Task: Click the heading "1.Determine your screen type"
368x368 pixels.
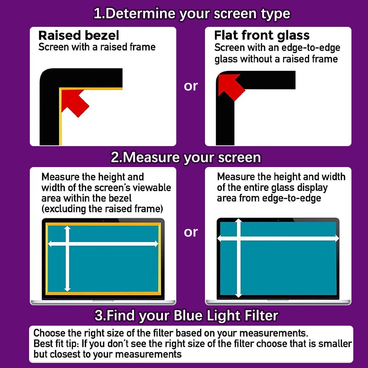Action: point(192,14)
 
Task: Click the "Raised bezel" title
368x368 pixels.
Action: point(79,35)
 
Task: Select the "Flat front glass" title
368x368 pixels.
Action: point(262,36)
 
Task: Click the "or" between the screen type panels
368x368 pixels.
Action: point(191,86)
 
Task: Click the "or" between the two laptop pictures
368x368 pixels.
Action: point(191,232)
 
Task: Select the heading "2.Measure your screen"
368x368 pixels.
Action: point(185,157)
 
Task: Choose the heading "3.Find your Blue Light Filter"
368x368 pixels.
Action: point(186,315)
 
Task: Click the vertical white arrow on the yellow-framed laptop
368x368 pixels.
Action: point(67,259)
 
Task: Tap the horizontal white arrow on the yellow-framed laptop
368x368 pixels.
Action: point(103,244)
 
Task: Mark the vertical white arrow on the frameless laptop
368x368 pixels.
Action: point(239,258)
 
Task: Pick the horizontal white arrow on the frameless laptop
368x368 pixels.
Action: point(278,238)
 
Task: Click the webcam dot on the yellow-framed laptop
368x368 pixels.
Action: point(103,221)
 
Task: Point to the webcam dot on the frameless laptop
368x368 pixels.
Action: point(278,220)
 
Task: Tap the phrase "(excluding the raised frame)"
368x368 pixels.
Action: point(102,209)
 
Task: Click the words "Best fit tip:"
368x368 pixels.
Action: point(56,344)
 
